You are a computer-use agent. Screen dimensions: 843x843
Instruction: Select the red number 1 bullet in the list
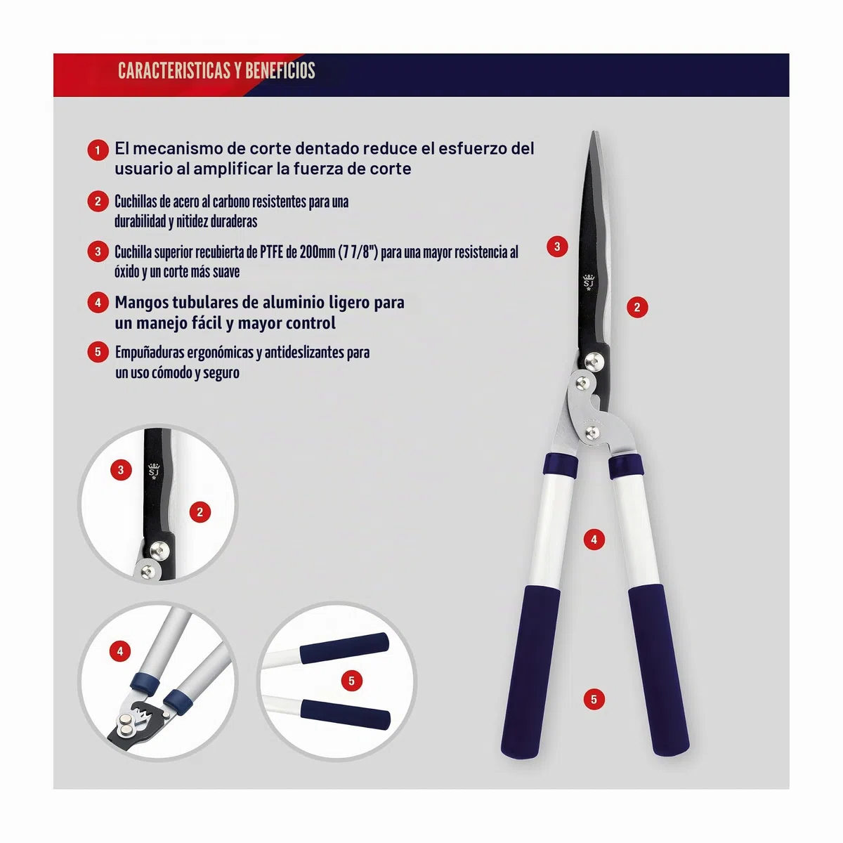[x=98, y=150]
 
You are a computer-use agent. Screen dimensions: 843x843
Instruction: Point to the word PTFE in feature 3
[x=272, y=252]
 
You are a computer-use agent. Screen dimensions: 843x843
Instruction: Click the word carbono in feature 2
[x=230, y=202]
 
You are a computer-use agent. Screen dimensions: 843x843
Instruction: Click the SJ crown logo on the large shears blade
[x=589, y=282]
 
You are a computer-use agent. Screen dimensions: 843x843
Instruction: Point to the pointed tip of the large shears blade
[x=594, y=131]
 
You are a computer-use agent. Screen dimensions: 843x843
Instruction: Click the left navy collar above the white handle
[x=561, y=464]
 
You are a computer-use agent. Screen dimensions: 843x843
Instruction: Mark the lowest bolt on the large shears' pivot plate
[x=592, y=433]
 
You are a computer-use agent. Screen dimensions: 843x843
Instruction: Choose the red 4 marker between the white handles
[x=594, y=540]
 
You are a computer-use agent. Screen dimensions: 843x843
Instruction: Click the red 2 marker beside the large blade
[x=637, y=307]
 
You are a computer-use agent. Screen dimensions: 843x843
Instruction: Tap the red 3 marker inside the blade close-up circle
[x=121, y=470]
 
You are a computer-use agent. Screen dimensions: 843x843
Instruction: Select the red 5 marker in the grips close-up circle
[x=352, y=681]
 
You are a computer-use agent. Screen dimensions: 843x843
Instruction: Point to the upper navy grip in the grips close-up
[x=344, y=648]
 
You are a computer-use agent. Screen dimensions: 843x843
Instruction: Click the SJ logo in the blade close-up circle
[x=154, y=471]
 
